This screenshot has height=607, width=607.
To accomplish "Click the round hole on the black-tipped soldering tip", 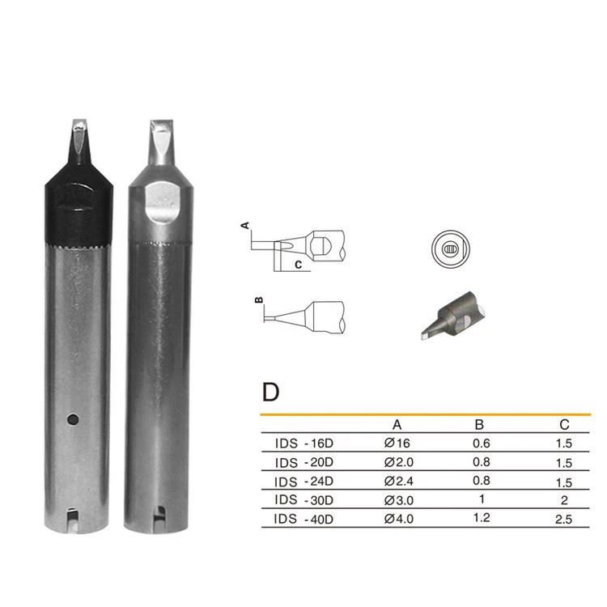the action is click(x=73, y=419).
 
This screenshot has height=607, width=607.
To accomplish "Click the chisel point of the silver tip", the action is click(x=161, y=124).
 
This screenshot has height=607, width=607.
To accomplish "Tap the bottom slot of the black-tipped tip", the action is click(x=72, y=519).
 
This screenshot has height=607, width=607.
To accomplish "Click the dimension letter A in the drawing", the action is click(x=245, y=225).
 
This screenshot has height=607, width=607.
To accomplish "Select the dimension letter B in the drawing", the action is click(x=259, y=299).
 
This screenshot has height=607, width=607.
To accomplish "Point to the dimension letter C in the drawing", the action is click(x=298, y=265).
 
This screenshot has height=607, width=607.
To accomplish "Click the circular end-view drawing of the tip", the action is click(x=451, y=249).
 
